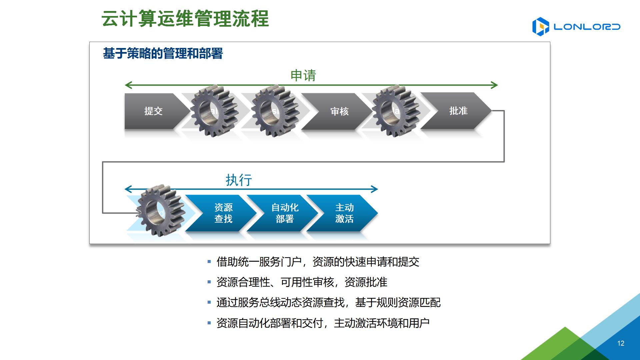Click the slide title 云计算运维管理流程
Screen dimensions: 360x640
pyautogui.click(x=185, y=19)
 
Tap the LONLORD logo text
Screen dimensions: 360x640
pyautogui.click(x=587, y=27)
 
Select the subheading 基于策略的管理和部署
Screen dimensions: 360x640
pyautogui.click(x=163, y=53)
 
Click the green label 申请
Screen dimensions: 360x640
pyautogui.click(x=303, y=75)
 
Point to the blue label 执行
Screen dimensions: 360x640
pyautogui.click(x=239, y=180)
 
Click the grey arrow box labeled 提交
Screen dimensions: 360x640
pyautogui.click(x=153, y=111)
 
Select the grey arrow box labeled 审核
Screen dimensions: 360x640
pyautogui.click(x=339, y=111)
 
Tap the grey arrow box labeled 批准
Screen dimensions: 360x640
pyautogui.click(x=458, y=111)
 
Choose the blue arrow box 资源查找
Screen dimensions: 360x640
pyautogui.click(x=223, y=213)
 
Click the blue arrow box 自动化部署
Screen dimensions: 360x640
pyautogui.click(x=285, y=213)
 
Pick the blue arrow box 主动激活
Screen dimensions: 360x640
pyautogui.click(x=344, y=213)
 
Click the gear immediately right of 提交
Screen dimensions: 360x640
pyautogui.click(x=214, y=111)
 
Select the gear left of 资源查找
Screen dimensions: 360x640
pyautogui.click(x=160, y=210)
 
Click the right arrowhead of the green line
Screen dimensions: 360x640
pyautogui.click(x=495, y=85)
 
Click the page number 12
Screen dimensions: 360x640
pyautogui.click(x=621, y=343)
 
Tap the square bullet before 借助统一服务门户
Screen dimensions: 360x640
pyautogui.click(x=209, y=262)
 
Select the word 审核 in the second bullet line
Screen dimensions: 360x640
pyautogui.click(x=323, y=282)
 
